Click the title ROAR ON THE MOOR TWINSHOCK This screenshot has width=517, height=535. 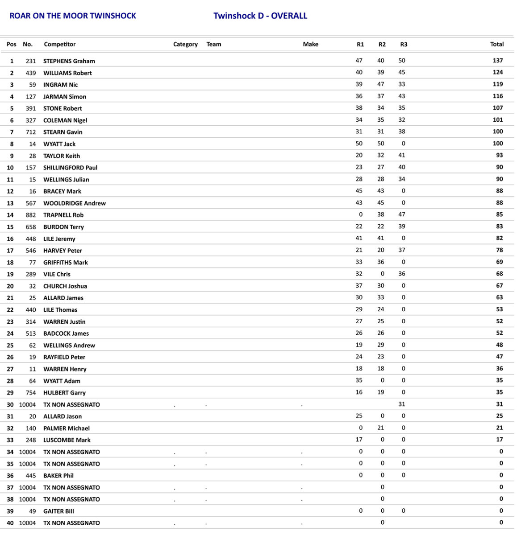tap(73, 16)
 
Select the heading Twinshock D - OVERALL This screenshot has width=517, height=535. tap(260, 16)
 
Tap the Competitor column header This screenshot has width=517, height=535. tap(60, 44)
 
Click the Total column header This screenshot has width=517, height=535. tap(496, 44)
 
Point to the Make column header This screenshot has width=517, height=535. tap(310, 44)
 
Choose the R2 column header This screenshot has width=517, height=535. tap(382, 44)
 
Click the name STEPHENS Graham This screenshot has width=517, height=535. tap(69, 61)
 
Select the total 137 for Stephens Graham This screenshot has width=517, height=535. tap(497, 61)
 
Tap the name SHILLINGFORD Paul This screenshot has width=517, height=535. tap(70, 168)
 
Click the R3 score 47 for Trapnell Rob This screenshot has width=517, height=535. tap(402, 214)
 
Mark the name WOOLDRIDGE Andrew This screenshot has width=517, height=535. tap(75, 203)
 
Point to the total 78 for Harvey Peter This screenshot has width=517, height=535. tap(499, 250)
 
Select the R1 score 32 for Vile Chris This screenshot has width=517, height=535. tap(359, 274)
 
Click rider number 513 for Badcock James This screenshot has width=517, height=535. tap(31, 333)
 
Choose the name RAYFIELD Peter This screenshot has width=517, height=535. tap(64, 357)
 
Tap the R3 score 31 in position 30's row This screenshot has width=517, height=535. tap(402, 404)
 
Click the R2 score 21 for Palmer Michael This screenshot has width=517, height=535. tap(380, 428)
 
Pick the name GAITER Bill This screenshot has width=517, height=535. tap(58, 511)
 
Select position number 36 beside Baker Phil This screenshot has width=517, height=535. tap(10, 476)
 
